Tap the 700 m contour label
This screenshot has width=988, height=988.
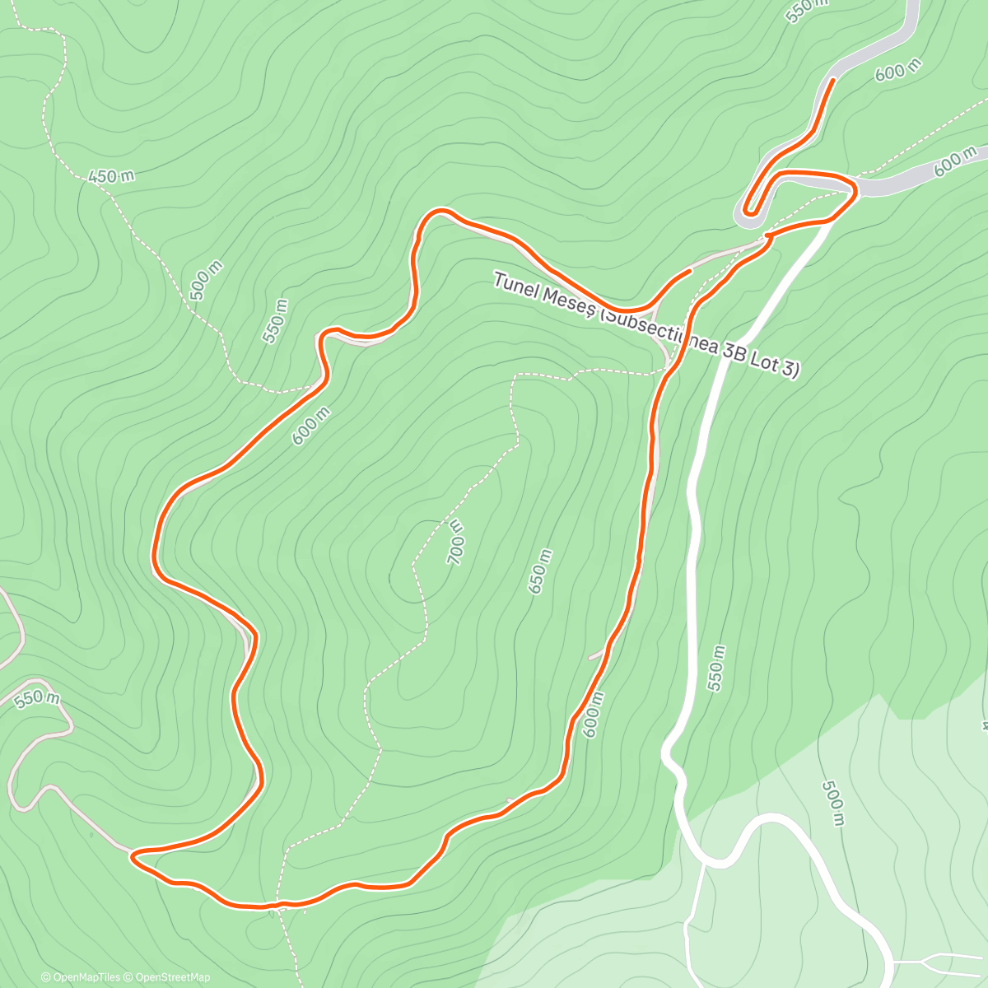(455, 542)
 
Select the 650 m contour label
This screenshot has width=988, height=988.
(538, 571)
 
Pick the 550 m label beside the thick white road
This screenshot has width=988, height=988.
(716, 668)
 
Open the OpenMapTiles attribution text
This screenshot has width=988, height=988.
(81, 977)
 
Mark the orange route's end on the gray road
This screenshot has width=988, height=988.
(832, 79)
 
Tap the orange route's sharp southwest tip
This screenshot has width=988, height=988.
(133, 856)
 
